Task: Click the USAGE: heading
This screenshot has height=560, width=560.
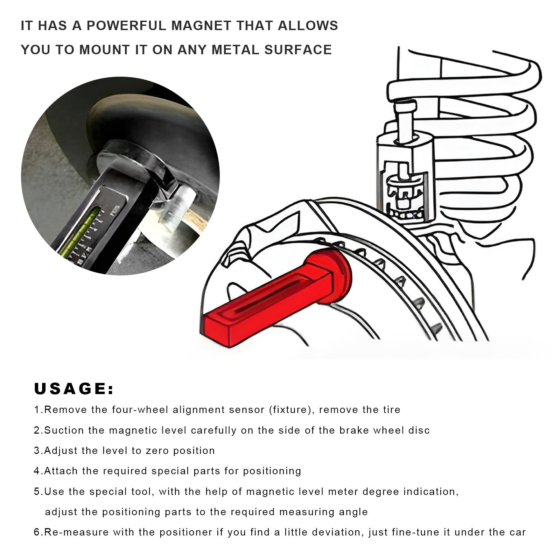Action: (x=74, y=389)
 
